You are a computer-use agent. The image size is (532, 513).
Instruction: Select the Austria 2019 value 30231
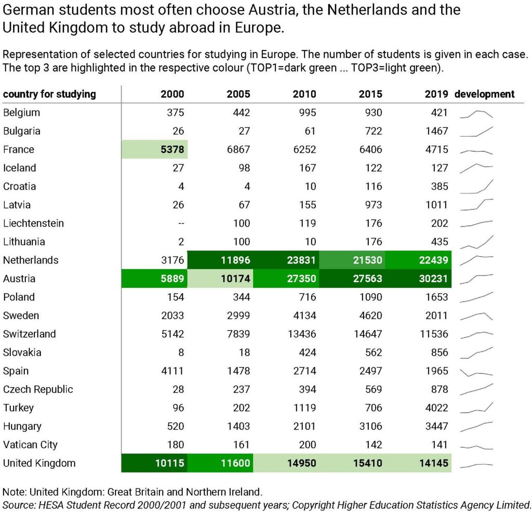click(434, 279)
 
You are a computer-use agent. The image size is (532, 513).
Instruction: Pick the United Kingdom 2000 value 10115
click(170, 463)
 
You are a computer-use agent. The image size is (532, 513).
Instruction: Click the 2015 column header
click(370, 94)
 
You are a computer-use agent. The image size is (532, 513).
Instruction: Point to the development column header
click(485, 94)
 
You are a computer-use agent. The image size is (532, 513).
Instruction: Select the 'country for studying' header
click(49, 94)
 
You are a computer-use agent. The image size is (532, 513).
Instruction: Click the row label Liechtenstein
click(34, 223)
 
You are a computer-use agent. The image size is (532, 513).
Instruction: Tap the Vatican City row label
click(30, 444)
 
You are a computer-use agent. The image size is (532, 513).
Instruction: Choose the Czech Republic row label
click(38, 389)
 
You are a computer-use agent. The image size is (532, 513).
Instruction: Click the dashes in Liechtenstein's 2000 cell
click(181, 223)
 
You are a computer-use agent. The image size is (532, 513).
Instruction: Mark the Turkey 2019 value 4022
click(436, 408)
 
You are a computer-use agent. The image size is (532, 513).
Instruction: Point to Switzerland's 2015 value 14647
click(368, 334)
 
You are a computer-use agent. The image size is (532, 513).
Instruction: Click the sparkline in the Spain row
click(476, 372)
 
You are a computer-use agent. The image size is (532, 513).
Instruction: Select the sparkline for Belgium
click(476, 114)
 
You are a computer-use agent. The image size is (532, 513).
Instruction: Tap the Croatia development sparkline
click(476, 187)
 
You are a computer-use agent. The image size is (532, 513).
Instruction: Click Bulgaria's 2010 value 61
click(310, 131)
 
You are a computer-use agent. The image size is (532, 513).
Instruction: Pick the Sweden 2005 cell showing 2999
click(238, 315)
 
